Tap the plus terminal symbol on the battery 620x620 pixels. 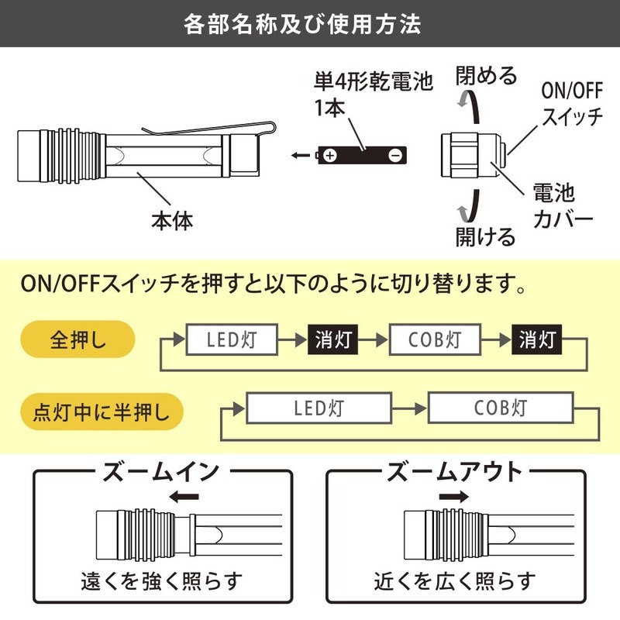[x=331, y=155]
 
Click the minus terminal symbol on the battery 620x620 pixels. [x=394, y=155]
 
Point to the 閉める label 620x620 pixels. [x=486, y=76]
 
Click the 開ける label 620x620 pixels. [x=486, y=236]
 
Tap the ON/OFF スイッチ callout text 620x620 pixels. [x=571, y=105]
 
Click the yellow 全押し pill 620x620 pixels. [x=75, y=339]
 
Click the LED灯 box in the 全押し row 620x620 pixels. [x=232, y=339]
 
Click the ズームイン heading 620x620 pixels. [x=161, y=473]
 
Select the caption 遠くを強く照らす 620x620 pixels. [x=162, y=580]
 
